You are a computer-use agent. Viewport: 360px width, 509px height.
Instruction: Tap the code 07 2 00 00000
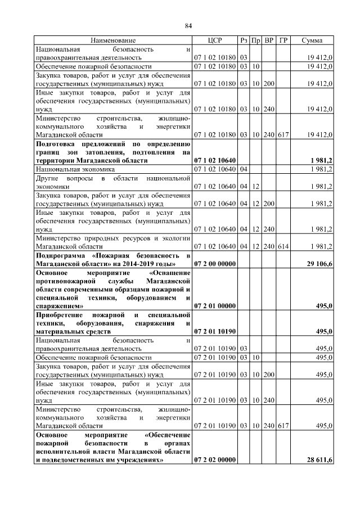[215, 263]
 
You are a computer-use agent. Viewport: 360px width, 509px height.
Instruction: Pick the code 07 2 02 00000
[215, 460]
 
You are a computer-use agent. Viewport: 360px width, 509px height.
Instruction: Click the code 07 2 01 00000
[215, 305]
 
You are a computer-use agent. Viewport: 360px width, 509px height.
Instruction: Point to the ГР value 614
[283, 246]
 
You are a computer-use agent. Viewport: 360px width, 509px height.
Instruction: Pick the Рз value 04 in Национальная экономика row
[244, 169]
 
